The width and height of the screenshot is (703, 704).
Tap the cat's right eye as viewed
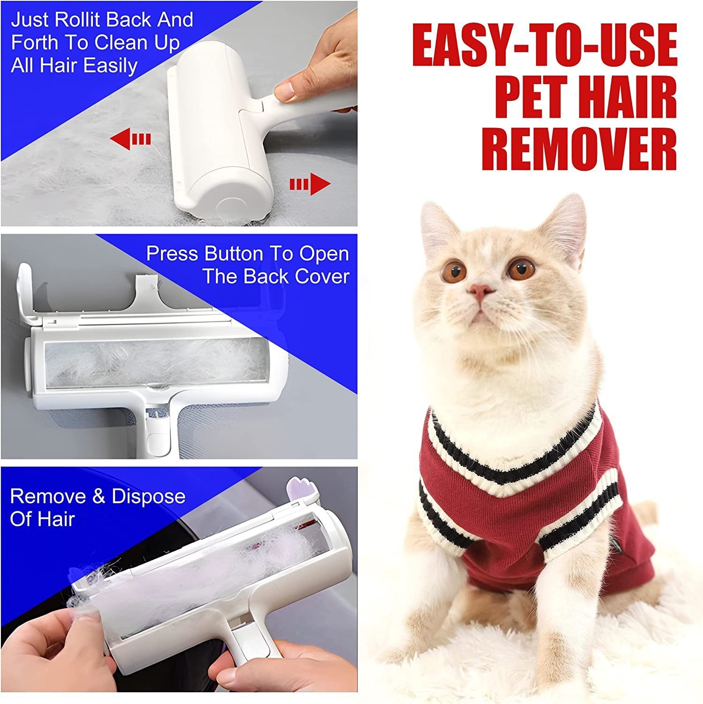(x=521, y=269)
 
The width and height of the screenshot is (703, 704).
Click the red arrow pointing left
(x=130, y=139)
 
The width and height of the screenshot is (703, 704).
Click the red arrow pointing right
(x=310, y=184)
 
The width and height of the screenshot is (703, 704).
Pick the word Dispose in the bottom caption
(x=148, y=497)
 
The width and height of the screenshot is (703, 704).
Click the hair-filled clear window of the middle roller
(x=155, y=362)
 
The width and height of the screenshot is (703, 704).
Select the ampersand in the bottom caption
(x=99, y=497)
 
